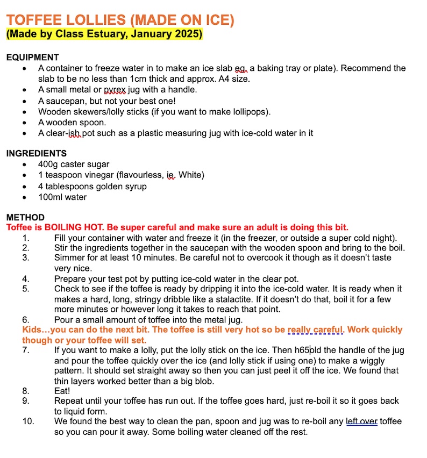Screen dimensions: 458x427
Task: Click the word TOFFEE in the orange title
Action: coord(33,20)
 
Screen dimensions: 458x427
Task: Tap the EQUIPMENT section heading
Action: coord(33,58)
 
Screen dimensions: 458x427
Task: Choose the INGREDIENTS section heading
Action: coord(37,153)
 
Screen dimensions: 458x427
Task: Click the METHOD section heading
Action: coord(25,217)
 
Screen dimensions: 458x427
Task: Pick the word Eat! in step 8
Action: coord(62,391)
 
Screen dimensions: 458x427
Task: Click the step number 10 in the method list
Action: coord(28,421)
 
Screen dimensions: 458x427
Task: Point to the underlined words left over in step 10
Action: coord(361,421)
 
